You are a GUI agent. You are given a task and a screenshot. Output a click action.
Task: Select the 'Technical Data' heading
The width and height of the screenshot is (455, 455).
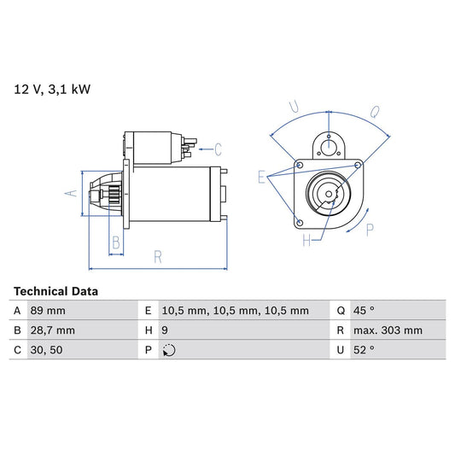click(55, 291)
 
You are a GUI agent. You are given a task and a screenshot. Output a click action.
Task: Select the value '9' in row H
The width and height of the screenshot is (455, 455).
click(164, 330)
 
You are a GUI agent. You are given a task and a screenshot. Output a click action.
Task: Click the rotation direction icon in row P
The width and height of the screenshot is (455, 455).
click(167, 350)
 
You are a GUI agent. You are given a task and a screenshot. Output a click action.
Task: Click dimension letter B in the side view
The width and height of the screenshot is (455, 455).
click(116, 242)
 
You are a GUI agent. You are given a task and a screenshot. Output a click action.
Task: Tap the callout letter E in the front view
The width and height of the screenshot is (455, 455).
click(262, 177)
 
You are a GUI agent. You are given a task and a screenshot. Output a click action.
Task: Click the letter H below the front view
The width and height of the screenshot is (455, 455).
click(306, 241)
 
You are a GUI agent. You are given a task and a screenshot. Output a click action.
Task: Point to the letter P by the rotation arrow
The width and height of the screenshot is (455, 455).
click(370, 229)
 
